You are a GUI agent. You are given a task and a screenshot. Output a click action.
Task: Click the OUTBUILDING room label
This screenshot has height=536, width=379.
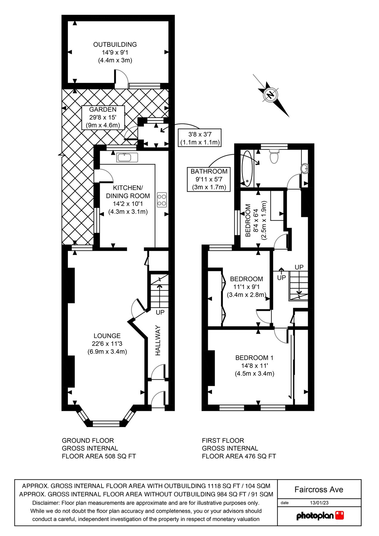pos(115,45)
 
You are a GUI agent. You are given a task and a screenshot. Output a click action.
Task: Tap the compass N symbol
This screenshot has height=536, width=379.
pos(271,95)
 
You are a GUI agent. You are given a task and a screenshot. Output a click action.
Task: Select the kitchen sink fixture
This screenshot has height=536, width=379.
pos(127,157)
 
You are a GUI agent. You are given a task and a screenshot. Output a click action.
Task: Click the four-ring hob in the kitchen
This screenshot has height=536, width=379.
pos(162,200)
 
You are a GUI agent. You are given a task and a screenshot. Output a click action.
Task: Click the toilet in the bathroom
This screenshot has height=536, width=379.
pos(274,157)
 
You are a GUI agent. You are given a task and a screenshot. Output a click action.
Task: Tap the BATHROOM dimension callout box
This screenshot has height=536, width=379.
pos(209,179)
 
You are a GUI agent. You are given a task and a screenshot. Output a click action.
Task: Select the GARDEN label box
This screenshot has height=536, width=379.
pos(103,117)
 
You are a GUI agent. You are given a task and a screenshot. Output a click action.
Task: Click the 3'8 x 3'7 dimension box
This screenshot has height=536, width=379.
pos(200,138)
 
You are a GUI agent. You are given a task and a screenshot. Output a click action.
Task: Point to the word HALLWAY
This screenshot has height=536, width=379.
pos(158,340)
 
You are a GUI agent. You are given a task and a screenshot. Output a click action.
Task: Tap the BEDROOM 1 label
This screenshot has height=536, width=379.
pos(254,358)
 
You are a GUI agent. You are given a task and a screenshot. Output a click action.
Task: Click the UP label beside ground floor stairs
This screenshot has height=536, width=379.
pos(160,312)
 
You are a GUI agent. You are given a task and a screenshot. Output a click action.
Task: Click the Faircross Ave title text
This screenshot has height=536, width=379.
pos(319,490)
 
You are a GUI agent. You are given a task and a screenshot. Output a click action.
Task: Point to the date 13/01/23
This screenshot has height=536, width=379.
pos(319,503)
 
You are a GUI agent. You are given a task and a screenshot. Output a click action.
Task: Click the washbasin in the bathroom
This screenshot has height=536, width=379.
pos(304,169)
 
